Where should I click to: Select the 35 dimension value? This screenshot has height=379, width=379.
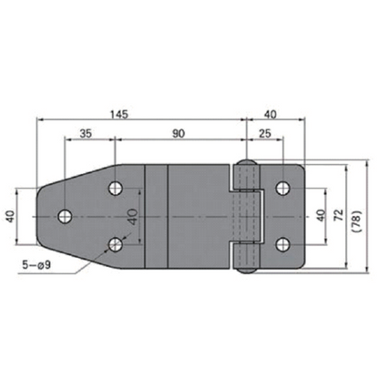click(87, 133)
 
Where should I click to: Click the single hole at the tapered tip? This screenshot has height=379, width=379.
click(66, 217)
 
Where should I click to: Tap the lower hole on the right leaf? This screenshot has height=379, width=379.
click(283, 244)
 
